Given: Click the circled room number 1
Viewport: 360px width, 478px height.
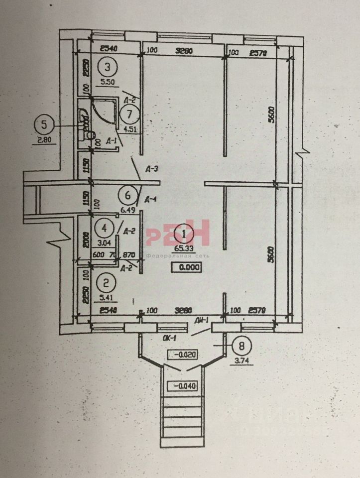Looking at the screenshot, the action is (x=184, y=233).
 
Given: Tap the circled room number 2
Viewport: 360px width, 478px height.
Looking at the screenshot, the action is (x=106, y=284).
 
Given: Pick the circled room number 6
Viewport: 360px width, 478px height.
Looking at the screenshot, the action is (x=127, y=195).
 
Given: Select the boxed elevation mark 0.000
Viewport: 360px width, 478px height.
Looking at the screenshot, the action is (x=187, y=267).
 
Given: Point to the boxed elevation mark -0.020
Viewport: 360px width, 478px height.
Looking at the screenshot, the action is (x=184, y=356).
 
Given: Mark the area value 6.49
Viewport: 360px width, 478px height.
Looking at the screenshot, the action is (x=127, y=210).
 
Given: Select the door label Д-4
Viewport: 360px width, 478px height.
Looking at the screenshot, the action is (x=150, y=200).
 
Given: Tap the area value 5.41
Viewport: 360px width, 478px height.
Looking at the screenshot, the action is (x=106, y=299).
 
